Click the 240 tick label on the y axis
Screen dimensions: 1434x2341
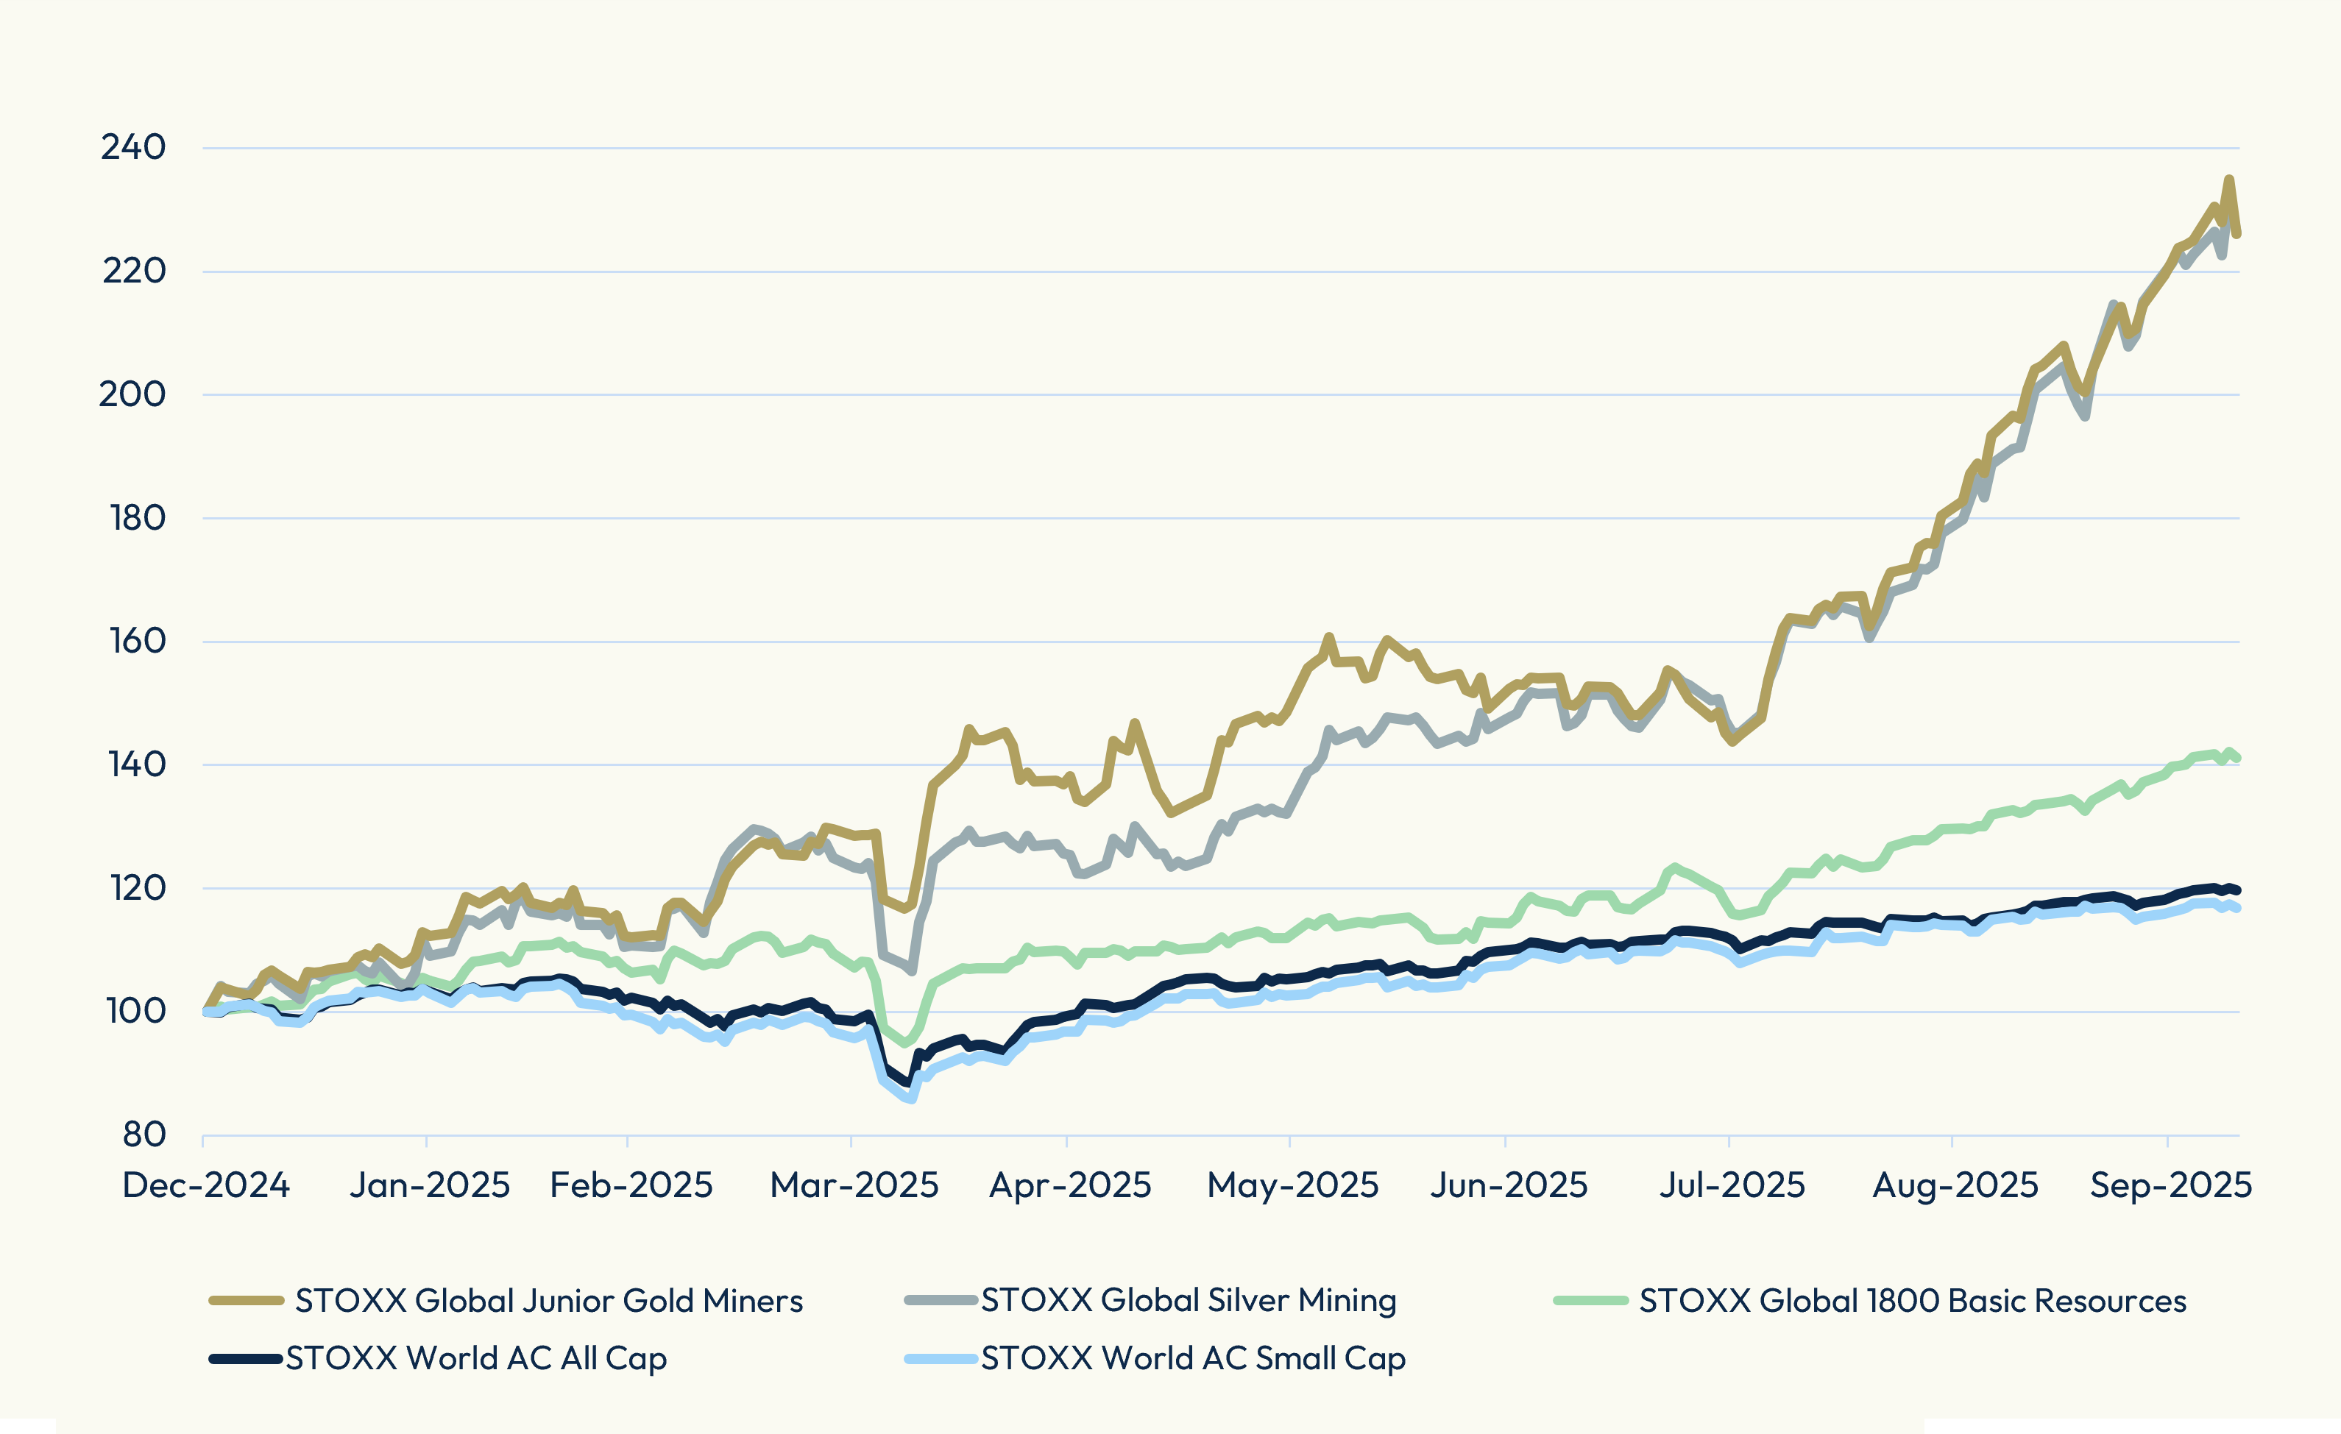tap(133, 147)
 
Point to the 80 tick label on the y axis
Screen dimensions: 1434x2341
tap(144, 1134)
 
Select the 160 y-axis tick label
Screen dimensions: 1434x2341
tap(137, 641)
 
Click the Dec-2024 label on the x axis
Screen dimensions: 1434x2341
tap(206, 1185)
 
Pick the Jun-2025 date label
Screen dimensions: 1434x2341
tap(1509, 1185)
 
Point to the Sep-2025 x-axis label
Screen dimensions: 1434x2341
tap(2171, 1185)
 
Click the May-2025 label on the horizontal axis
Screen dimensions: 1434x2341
tap(1292, 1185)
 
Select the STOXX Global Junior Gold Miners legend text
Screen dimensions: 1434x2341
tap(549, 1300)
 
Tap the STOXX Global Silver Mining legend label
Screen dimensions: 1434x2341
tap(1189, 1300)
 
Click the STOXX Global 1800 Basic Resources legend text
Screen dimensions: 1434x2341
tap(1913, 1300)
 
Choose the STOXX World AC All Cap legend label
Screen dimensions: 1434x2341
tap(476, 1358)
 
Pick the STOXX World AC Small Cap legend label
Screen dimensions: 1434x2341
tap(1193, 1358)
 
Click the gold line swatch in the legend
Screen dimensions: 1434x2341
tap(246, 1300)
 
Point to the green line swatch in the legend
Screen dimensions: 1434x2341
tap(1590, 1300)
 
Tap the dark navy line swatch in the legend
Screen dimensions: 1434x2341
tap(246, 1358)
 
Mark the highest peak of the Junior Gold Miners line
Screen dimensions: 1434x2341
tap(2229, 179)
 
